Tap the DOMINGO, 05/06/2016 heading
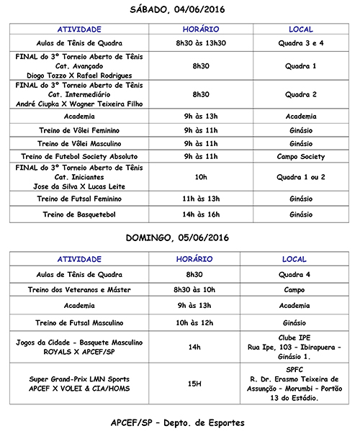(177, 237)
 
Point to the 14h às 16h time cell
(196, 214)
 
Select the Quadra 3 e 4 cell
(300, 42)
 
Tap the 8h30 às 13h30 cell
(196, 42)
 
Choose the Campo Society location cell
(300, 156)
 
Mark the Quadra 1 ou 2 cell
(300, 176)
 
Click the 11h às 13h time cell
(196, 197)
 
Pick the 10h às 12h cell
(196, 323)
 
